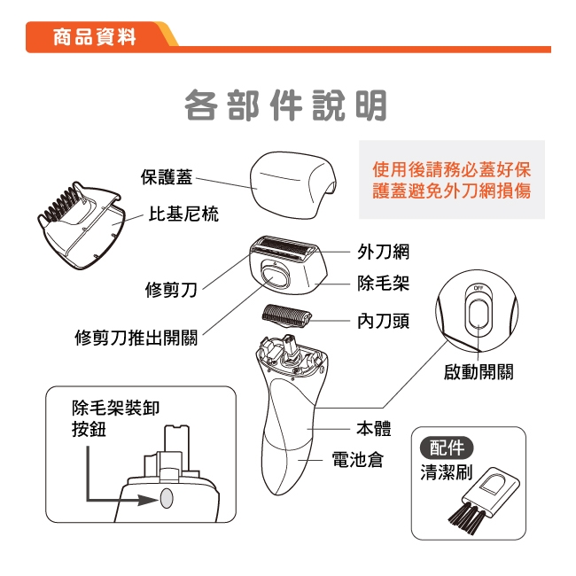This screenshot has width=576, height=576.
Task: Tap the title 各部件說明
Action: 285,105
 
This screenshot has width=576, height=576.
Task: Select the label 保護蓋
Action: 166,177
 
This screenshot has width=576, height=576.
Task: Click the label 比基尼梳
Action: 183,214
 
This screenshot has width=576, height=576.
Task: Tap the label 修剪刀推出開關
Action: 136,338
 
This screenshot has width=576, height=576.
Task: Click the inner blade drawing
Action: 288,315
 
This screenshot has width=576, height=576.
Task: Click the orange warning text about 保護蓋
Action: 452,180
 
